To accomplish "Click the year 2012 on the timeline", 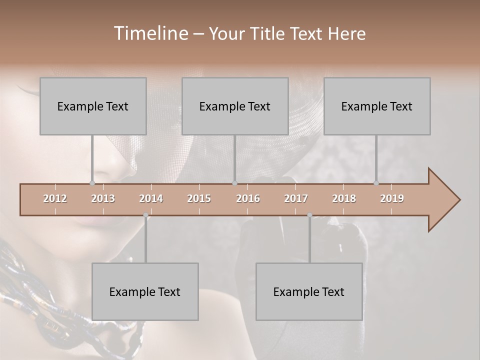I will [x=55, y=198].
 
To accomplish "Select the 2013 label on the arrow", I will [x=103, y=198].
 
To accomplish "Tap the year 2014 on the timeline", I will [x=151, y=198].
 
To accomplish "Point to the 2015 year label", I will [x=199, y=198].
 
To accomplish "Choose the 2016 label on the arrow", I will [x=248, y=198].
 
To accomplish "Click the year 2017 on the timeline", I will [x=296, y=198].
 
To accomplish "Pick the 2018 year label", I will [x=344, y=198].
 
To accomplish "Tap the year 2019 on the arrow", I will [x=392, y=198].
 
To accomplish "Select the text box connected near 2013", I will [x=93, y=106].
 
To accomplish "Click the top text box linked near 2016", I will [x=235, y=106].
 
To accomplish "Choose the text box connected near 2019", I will [x=377, y=106].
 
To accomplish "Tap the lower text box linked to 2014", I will [x=145, y=291].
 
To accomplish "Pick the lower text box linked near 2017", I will [x=309, y=291].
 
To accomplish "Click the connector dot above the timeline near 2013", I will [x=92, y=183].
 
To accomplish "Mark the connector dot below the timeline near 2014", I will [x=145, y=215].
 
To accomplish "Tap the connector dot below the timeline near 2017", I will [x=309, y=215].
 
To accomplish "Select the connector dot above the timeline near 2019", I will [x=376, y=183].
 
